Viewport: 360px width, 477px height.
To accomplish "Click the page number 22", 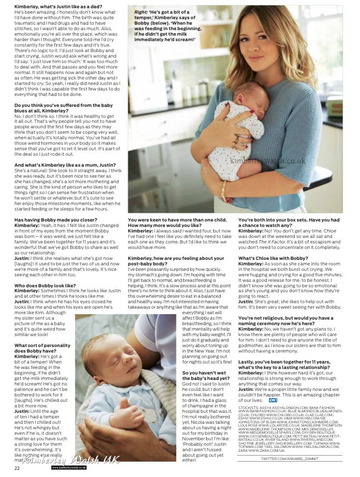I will tap(18, 468).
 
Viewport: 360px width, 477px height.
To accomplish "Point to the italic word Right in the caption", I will tap(140, 11).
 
